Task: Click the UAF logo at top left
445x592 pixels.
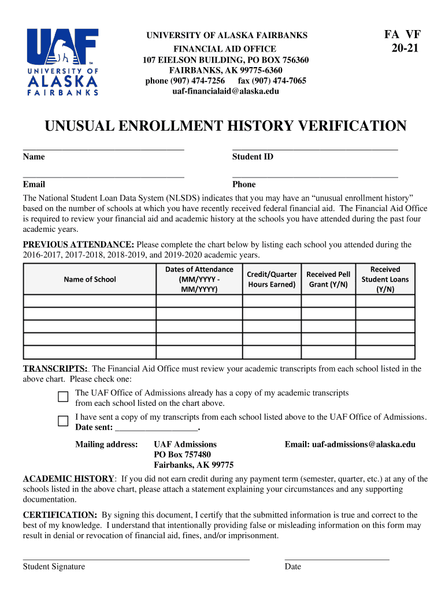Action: [x=63, y=61]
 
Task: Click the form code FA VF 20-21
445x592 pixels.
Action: [x=404, y=42]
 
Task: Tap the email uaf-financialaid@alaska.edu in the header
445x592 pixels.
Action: [x=225, y=91]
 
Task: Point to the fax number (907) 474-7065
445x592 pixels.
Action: [x=272, y=81]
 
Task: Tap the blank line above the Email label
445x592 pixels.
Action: [x=103, y=175]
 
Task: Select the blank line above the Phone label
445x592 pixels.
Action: [x=315, y=175]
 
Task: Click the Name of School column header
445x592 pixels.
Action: [x=90, y=279]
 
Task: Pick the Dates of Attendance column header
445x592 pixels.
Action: [x=199, y=279]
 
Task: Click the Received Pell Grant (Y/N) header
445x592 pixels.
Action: [x=328, y=279]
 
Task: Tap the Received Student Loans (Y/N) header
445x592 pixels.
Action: [x=385, y=279]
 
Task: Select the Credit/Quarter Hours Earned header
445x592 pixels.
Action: [x=272, y=279]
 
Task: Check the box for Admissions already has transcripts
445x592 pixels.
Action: [x=63, y=397]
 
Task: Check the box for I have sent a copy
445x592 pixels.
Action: [x=63, y=421]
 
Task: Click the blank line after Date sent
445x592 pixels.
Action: [x=157, y=428]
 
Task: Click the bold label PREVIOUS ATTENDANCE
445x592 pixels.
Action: [x=78, y=245]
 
